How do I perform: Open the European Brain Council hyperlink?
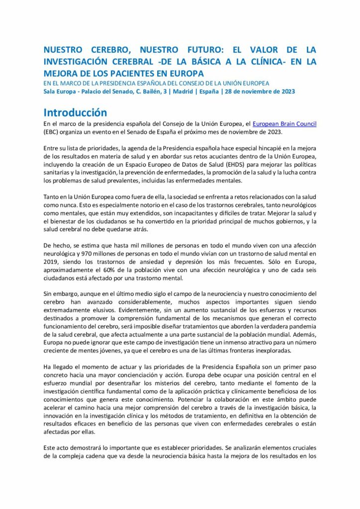(x=284, y=124)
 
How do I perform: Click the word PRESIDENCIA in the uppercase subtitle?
(x=114, y=83)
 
